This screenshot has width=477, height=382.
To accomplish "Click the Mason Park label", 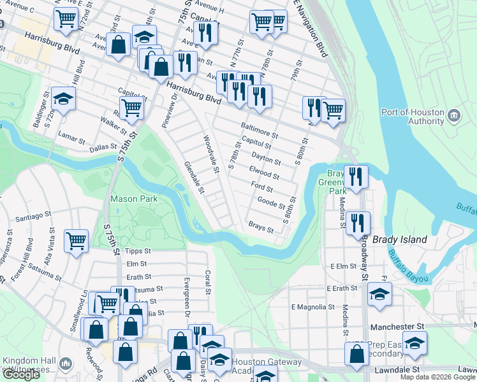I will point(134,199).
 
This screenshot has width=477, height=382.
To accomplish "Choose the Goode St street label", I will point(271,203).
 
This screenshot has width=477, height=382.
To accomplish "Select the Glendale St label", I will point(194,176).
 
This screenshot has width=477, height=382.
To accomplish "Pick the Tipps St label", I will point(138,251).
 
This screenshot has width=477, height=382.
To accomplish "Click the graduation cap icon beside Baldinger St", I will point(63,98).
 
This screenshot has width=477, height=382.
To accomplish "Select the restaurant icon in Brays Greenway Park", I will point(355,175).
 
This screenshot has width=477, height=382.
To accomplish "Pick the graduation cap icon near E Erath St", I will point(379,294).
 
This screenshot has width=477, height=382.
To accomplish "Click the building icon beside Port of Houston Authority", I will point(454,115).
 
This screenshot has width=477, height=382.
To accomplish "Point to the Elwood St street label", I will point(264,173).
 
